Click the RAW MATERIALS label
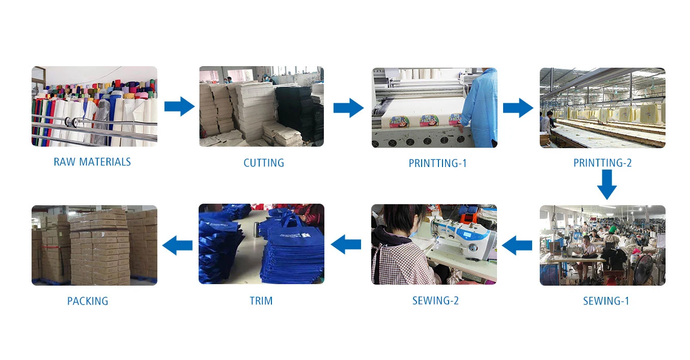(92, 162)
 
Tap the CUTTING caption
(263, 163)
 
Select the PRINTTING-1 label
(437, 163)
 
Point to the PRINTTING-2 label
(602, 163)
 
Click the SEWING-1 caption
(606, 301)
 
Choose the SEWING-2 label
(435, 301)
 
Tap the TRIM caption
(261, 301)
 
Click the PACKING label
(88, 301)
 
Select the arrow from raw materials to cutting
(179, 107)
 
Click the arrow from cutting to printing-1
(348, 107)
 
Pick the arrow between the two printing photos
(518, 108)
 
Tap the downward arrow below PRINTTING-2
(606, 185)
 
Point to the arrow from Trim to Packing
(177, 245)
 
